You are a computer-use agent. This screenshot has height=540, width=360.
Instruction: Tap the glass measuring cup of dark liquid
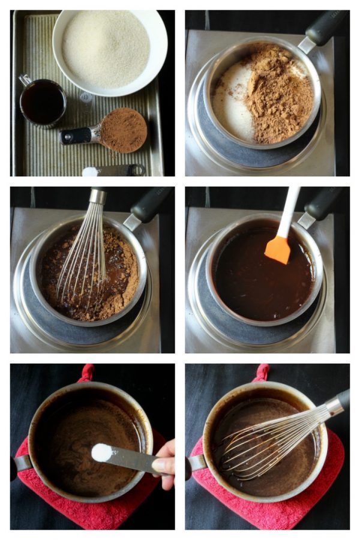(43, 102)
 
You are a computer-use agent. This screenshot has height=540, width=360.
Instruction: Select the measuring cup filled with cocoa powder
(122, 130)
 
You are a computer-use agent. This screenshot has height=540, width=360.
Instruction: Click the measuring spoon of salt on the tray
(91, 172)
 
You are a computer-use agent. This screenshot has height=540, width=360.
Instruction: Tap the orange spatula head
(278, 249)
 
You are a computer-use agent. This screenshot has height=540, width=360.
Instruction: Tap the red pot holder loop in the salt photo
(88, 371)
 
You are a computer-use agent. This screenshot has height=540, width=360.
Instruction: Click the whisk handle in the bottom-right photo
(339, 402)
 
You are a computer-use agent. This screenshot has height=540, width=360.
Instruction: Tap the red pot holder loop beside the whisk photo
(262, 371)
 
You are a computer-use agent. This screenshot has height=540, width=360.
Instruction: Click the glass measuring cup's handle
(24, 79)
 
